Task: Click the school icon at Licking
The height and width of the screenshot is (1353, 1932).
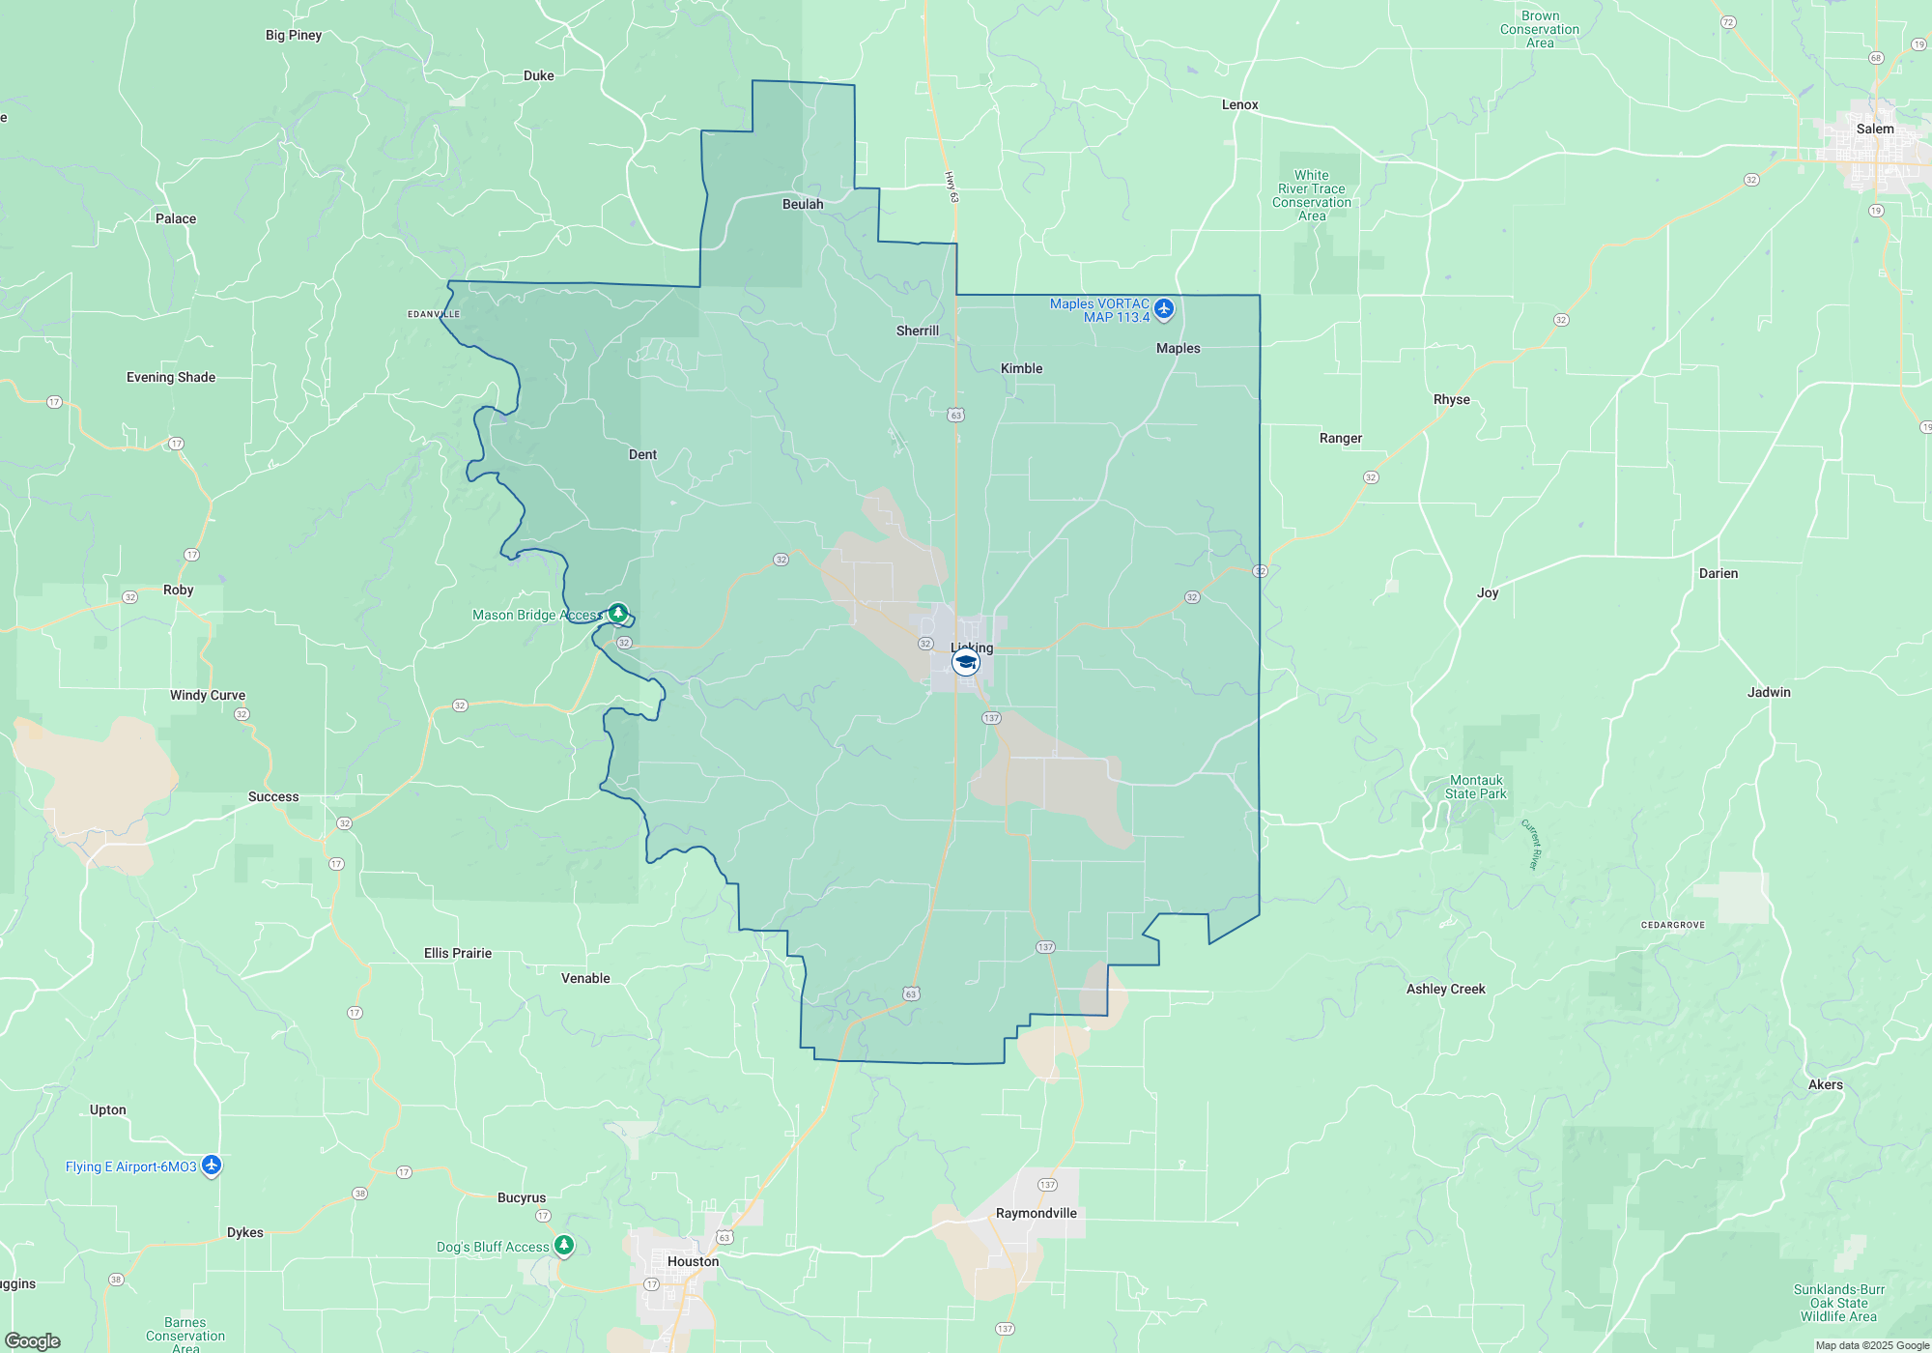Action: click(965, 662)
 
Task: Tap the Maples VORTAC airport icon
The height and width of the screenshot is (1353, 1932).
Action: click(1164, 309)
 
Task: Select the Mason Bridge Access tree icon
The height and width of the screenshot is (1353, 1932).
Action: click(618, 613)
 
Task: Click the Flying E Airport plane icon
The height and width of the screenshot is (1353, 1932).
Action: click(212, 1166)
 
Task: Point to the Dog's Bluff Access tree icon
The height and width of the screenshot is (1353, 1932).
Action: click(564, 1245)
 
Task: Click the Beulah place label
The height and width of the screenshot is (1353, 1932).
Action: click(803, 204)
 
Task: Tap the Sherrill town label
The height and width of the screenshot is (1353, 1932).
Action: click(917, 331)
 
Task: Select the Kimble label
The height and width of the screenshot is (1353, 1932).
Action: click(1021, 368)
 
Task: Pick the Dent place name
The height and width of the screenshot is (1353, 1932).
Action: click(642, 454)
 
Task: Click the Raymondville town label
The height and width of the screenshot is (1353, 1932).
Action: click(1036, 1213)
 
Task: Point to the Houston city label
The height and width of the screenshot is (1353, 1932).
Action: click(693, 1261)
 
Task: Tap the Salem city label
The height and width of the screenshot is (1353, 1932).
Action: click(1874, 129)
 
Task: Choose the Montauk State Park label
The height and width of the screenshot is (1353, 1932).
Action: click(1476, 787)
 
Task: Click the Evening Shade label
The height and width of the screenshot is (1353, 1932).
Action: click(171, 377)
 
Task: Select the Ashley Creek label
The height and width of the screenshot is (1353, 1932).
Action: click(1445, 989)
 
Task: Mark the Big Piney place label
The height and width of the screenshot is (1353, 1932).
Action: click(294, 35)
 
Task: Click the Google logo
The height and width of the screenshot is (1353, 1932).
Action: click(33, 1340)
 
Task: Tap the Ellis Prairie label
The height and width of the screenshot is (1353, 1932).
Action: click(458, 953)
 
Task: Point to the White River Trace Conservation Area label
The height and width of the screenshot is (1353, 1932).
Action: click(1312, 195)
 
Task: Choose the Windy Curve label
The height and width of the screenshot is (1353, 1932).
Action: click(208, 695)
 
